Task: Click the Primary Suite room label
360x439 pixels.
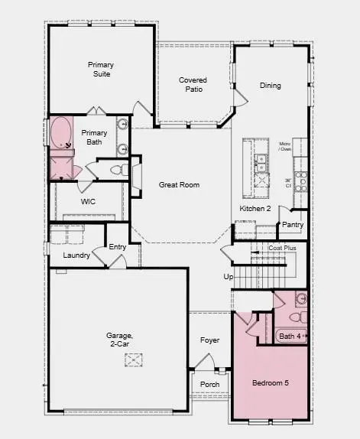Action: coord(99,70)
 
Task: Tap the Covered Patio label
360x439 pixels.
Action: coord(193,84)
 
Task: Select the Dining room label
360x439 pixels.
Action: coord(270,86)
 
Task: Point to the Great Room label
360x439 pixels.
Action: coord(179,185)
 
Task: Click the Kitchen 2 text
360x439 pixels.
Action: coord(255,209)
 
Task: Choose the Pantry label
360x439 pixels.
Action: coord(293,225)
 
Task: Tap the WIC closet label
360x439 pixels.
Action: coord(88,203)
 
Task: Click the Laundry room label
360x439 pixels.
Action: coord(76,255)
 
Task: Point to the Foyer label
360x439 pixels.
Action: coord(209,340)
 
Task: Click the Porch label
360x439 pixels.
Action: coord(209,384)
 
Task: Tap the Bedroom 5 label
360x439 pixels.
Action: coord(271,382)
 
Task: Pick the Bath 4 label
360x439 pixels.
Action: coord(290,336)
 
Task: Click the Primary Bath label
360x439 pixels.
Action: coord(95,137)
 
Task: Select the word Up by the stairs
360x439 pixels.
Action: coord(227,277)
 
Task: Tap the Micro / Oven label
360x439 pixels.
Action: coord(284,146)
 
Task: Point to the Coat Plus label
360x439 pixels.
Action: coord(282,248)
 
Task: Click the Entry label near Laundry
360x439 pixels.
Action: coord(118,246)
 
